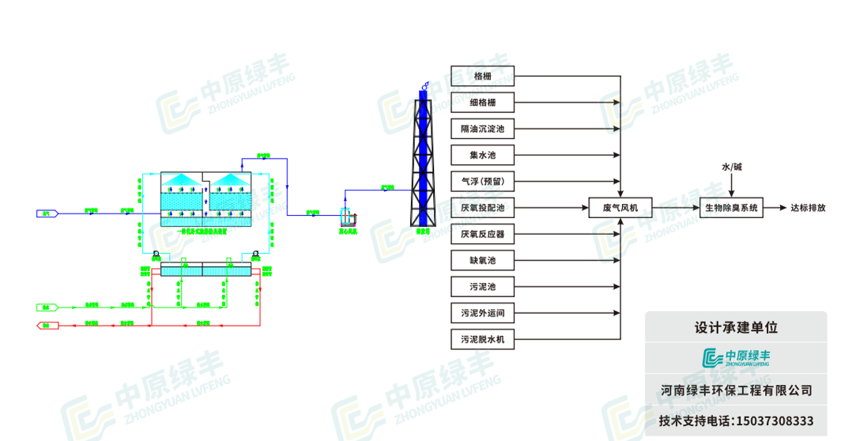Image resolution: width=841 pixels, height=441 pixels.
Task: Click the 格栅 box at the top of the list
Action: (482, 77)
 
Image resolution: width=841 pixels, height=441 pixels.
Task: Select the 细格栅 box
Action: (482, 103)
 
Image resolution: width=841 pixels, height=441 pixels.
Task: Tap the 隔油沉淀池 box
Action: (482, 129)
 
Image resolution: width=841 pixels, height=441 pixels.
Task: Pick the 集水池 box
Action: (482, 155)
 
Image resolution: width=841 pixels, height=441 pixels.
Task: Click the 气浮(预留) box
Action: (482, 182)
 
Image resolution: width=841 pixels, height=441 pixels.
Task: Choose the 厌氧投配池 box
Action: (482, 209)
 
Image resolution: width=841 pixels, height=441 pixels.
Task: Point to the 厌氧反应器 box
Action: (482, 235)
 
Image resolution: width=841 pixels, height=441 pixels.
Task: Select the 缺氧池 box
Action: (482, 261)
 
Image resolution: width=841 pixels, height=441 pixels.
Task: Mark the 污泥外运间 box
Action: (482, 314)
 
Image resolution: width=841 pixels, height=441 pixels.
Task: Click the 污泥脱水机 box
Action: (482, 341)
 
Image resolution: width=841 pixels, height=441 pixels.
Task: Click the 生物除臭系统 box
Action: (731, 209)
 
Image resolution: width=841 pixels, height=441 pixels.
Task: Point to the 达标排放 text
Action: (808, 209)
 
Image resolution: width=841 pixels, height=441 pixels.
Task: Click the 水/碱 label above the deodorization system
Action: (732, 168)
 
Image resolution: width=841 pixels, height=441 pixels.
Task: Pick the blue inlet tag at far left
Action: (45, 213)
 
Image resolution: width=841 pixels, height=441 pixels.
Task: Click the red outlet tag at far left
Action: (45, 325)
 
